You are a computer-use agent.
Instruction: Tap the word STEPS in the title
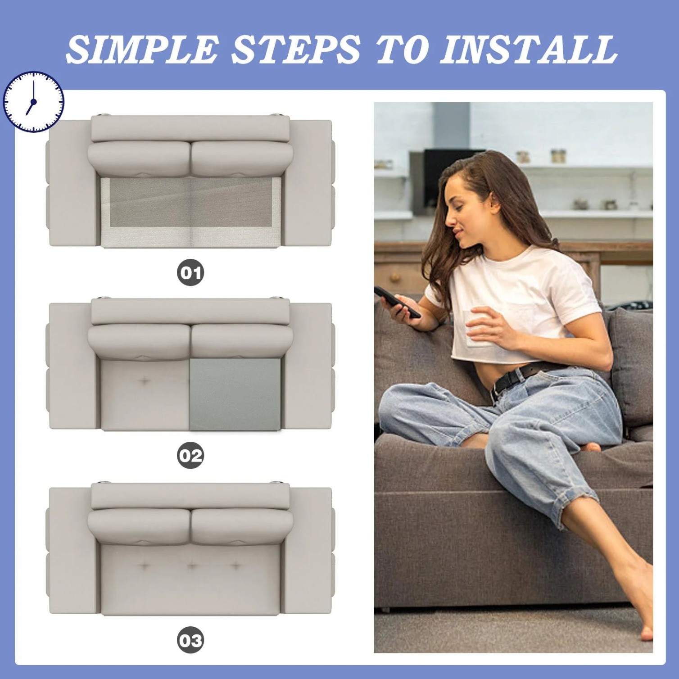(x=295, y=49)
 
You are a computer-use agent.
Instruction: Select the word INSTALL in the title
(x=528, y=49)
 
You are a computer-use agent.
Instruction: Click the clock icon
(x=33, y=102)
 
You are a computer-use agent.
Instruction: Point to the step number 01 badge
(x=190, y=272)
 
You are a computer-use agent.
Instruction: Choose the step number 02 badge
(x=190, y=456)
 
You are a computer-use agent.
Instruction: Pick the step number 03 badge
(x=190, y=640)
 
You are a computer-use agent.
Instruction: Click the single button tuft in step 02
(x=144, y=381)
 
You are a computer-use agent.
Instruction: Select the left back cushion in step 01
(x=139, y=158)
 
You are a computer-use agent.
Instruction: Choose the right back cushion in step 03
(x=242, y=525)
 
